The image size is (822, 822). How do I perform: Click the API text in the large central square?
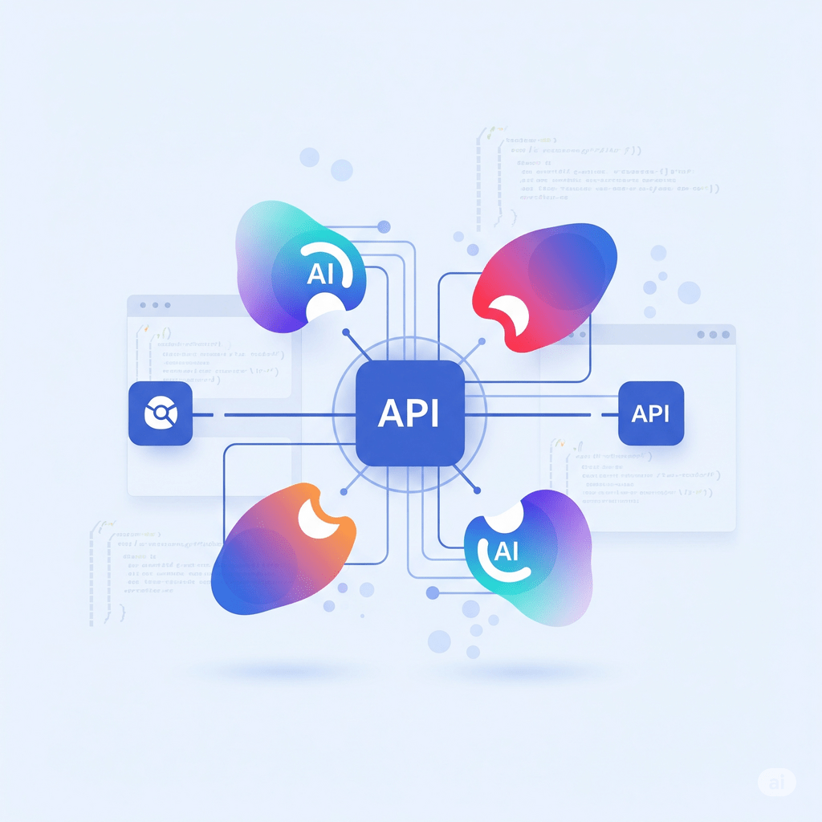pos(409,413)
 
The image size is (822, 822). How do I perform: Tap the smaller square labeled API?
pos(651,413)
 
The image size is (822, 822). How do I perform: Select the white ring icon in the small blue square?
pos(160,413)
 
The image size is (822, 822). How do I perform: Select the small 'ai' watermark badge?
pos(776,782)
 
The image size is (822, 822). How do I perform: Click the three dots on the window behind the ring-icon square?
pos(155,306)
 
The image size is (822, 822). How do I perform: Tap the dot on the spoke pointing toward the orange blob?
pos(344,490)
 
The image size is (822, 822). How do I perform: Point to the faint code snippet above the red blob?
pos(594,173)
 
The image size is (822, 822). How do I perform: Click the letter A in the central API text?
pos(388,413)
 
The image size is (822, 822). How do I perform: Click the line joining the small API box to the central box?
pos(546,414)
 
